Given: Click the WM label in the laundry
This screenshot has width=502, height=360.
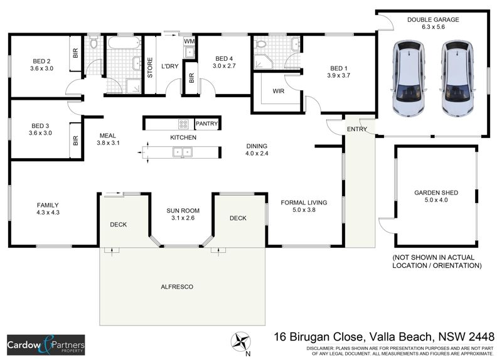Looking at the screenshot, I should (x=190, y=41).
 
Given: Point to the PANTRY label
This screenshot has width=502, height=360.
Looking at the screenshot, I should (x=206, y=124).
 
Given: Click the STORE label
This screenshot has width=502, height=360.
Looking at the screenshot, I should (x=150, y=68).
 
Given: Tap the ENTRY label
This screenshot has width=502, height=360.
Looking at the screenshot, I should (x=357, y=129).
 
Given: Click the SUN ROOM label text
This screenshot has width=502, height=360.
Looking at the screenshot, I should (x=182, y=210).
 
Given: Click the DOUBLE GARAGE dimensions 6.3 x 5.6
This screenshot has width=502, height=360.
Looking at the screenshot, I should (x=432, y=28).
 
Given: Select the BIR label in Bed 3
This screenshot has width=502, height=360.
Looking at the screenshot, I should (x=75, y=140).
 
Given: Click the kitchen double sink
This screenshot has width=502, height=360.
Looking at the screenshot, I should (x=183, y=151).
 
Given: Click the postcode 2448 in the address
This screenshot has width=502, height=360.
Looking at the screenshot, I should (x=480, y=337).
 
